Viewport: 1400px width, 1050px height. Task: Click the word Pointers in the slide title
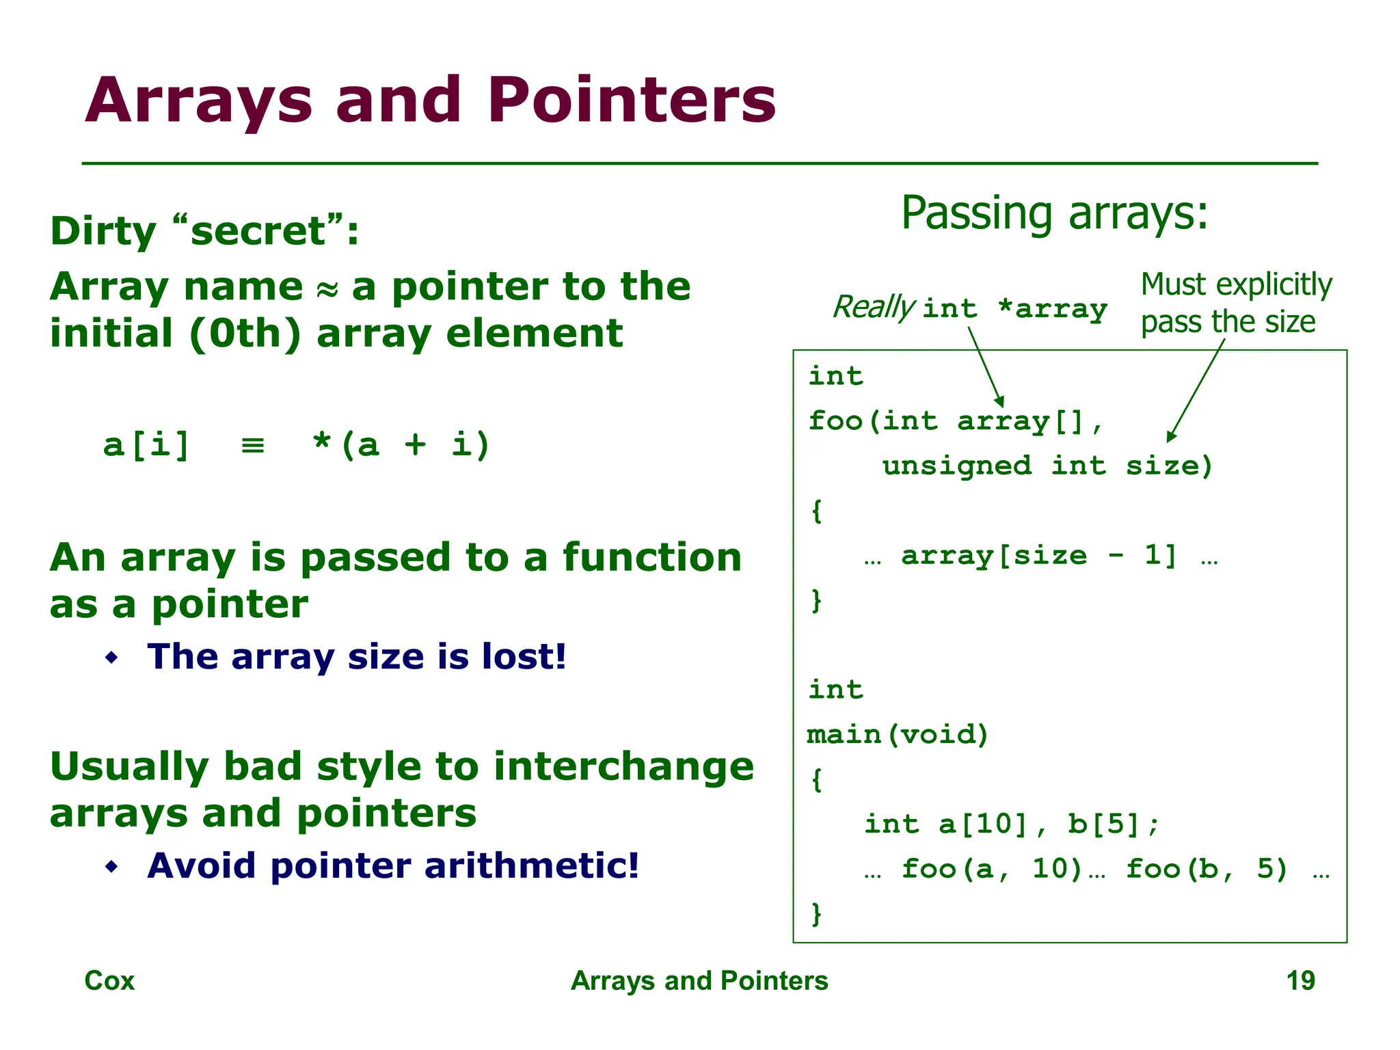pos(632,100)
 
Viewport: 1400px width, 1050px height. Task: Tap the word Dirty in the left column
pos(103,231)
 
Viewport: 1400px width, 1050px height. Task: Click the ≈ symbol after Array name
pos(327,289)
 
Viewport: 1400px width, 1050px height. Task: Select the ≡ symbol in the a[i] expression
pos(253,446)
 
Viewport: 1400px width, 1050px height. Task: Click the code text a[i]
pos(146,445)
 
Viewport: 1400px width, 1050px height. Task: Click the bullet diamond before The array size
pos(112,658)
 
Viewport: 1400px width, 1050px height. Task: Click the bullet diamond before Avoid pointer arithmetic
pos(112,867)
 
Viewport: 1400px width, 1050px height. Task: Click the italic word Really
pos(873,307)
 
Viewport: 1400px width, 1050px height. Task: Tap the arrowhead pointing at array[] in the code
pos(1000,401)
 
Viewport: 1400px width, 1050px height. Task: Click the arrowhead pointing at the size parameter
pos(1170,436)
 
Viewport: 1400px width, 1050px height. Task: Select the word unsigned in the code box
pos(956,466)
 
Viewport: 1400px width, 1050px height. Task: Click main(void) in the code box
pos(898,735)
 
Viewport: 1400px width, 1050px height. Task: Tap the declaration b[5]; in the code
pos(1114,824)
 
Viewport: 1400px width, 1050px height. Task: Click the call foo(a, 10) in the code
pos(992,870)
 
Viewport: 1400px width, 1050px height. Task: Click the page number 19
pos(1300,981)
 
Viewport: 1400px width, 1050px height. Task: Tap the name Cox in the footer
pos(109,981)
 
